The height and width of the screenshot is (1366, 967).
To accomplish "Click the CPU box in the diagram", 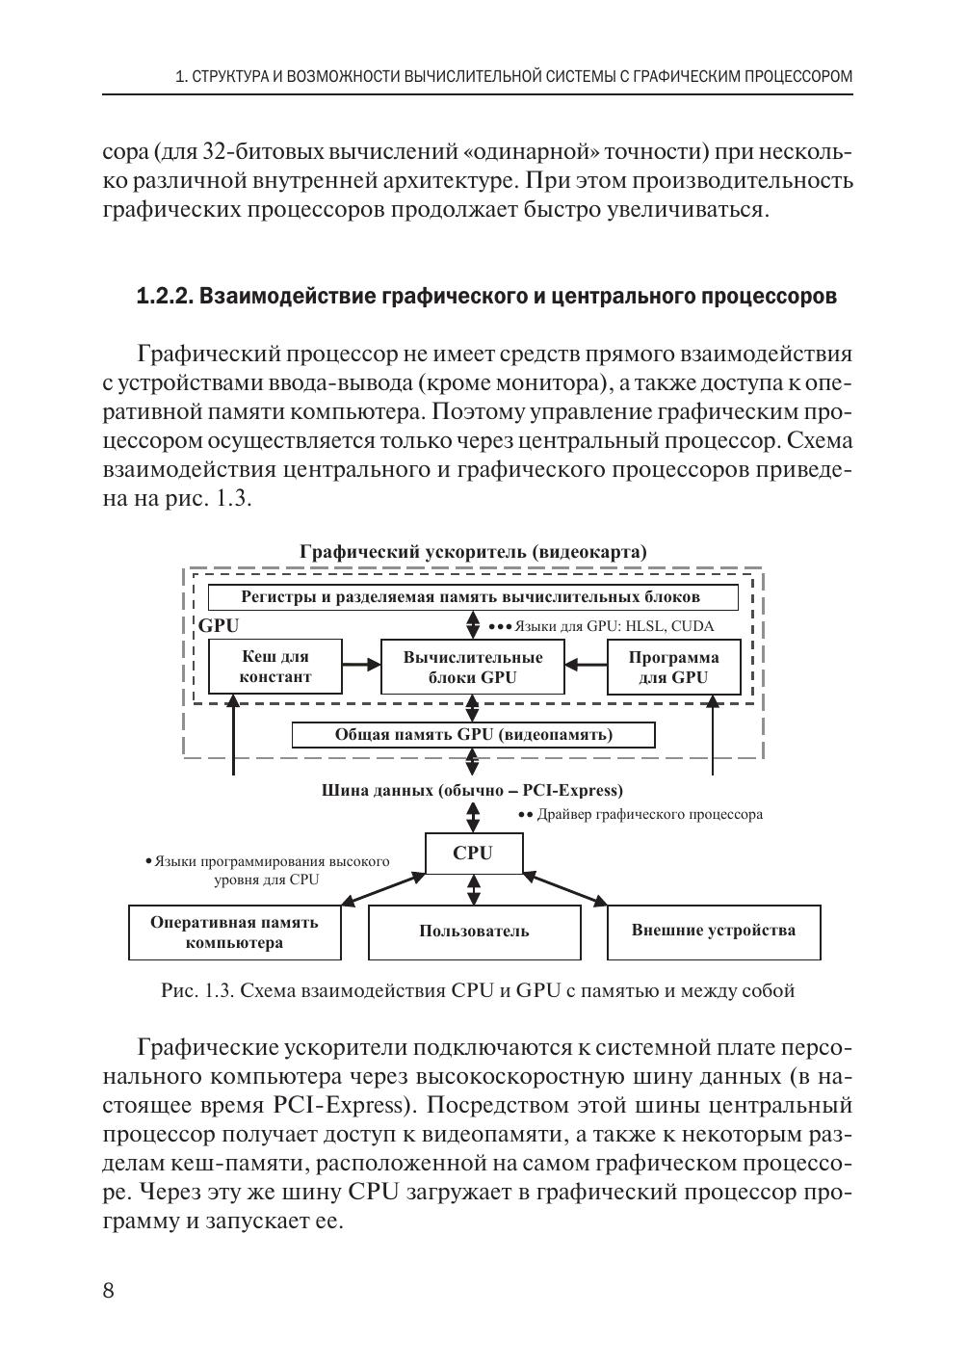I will coord(473,853).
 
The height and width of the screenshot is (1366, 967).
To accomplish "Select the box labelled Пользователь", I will coord(474,932).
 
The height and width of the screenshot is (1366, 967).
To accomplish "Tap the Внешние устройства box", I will coord(714,932).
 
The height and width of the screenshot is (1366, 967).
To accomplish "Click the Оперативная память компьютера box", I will coord(234,932).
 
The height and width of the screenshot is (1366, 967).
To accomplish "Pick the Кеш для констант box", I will coord(275,667).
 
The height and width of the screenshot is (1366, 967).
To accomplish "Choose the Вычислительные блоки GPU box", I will coord(472,667).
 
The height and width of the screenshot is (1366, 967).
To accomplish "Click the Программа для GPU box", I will coord(673,667).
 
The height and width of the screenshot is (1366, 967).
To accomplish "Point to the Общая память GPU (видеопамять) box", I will coord(473,735).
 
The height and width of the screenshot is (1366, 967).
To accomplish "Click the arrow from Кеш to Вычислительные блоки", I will coord(361,664).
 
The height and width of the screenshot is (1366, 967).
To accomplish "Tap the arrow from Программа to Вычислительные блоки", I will coord(586,664).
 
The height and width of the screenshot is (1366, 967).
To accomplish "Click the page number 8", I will coord(108,1291).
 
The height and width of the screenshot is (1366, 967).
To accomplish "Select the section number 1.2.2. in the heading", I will coord(166,296).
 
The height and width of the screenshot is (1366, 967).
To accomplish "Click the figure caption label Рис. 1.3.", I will coord(198,991).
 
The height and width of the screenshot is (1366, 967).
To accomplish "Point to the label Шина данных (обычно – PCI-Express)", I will coord(472,791).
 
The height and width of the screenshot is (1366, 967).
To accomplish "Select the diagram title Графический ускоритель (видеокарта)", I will coord(473,552).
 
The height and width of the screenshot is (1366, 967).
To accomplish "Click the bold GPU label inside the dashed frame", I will coord(219,625).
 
